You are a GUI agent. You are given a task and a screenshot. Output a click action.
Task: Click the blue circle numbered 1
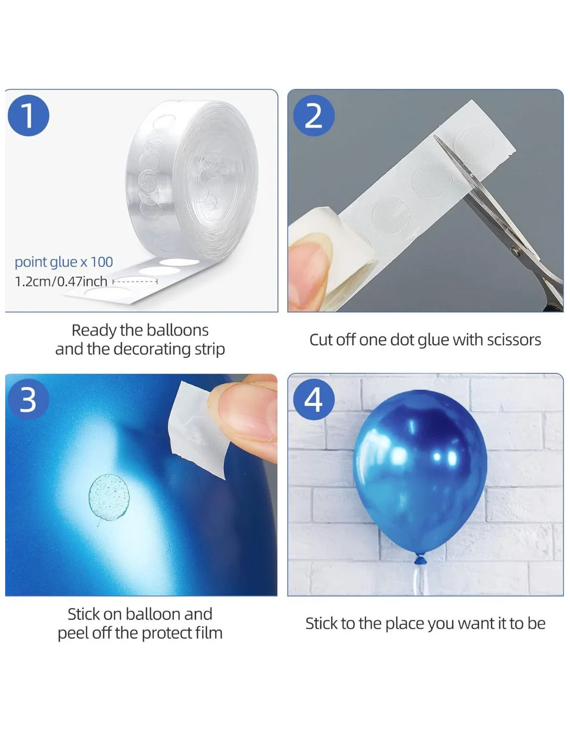[x=28, y=116]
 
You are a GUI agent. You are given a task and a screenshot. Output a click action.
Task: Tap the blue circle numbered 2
[x=313, y=116]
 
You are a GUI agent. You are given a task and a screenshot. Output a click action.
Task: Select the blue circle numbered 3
[x=28, y=400]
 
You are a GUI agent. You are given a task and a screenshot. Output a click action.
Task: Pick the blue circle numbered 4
[x=313, y=400]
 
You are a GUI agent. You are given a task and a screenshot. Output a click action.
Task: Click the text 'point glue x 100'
[x=64, y=262]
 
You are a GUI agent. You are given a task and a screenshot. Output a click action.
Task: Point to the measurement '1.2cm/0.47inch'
[x=61, y=282]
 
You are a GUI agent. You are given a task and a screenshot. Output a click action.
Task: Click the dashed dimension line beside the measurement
[x=135, y=281]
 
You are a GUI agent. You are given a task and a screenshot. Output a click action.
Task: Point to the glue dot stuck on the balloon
[x=109, y=497]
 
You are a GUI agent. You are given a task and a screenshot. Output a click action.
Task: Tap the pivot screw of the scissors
[x=516, y=251]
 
